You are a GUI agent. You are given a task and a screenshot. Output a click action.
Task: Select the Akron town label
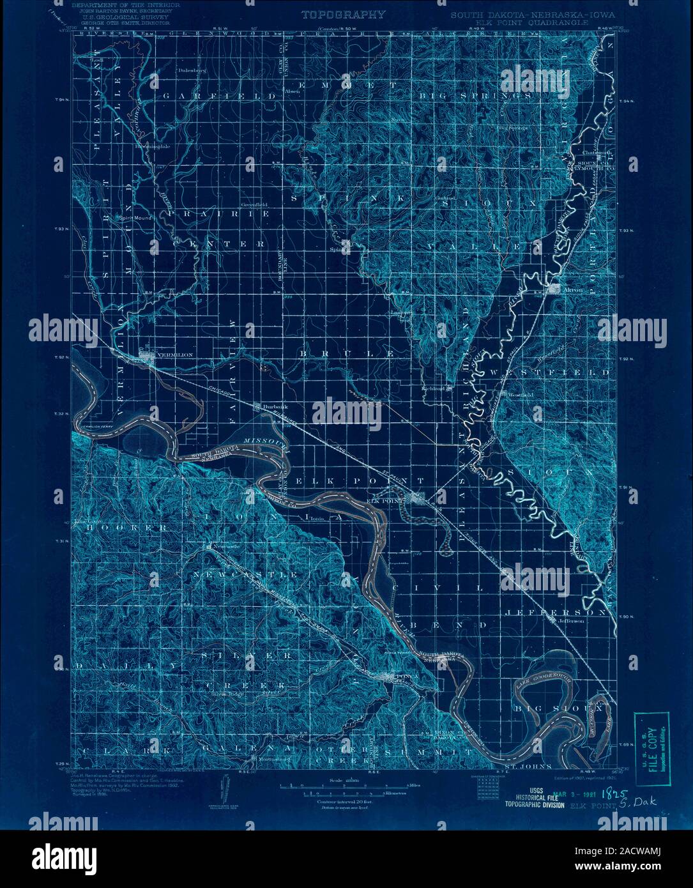[575, 289]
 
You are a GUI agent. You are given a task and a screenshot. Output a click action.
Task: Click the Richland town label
[433, 388]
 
